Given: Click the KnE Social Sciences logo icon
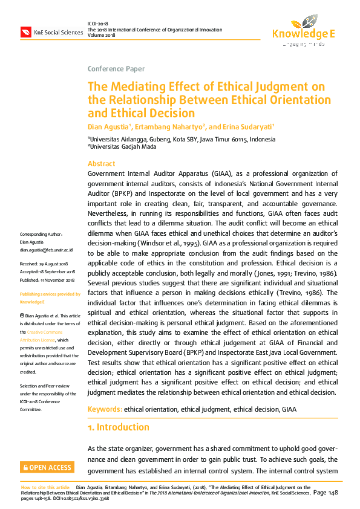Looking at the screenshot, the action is [x=26, y=31].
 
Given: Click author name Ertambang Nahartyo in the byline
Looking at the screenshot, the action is [x=172, y=126].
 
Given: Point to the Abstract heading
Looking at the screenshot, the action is [x=101, y=164].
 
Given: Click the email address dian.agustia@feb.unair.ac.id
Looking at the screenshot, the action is [x=47, y=249].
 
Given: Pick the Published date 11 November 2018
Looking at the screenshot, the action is [x=47, y=280].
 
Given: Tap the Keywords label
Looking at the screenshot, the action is [x=105, y=409].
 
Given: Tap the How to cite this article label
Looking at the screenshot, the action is [x=46, y=487].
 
